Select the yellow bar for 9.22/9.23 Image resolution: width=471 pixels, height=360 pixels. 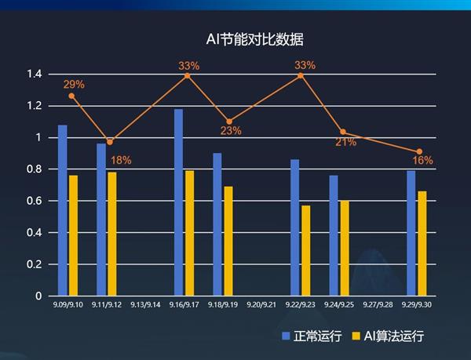(306, 250)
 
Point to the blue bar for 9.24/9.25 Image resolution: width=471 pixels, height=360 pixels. (334, 235)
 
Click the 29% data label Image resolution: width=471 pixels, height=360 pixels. (74, 84)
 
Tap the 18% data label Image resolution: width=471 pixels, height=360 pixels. (121, 160)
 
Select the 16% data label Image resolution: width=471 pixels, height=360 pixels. (422, 160)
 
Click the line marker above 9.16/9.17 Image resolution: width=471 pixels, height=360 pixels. (187, 75)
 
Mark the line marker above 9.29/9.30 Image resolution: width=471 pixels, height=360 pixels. (419, 151)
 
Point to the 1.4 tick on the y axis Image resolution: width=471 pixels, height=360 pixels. (34, 75)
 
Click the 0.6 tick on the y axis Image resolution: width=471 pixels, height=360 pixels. (34, 202)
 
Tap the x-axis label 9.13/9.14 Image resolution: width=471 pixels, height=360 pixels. (145, 304)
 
